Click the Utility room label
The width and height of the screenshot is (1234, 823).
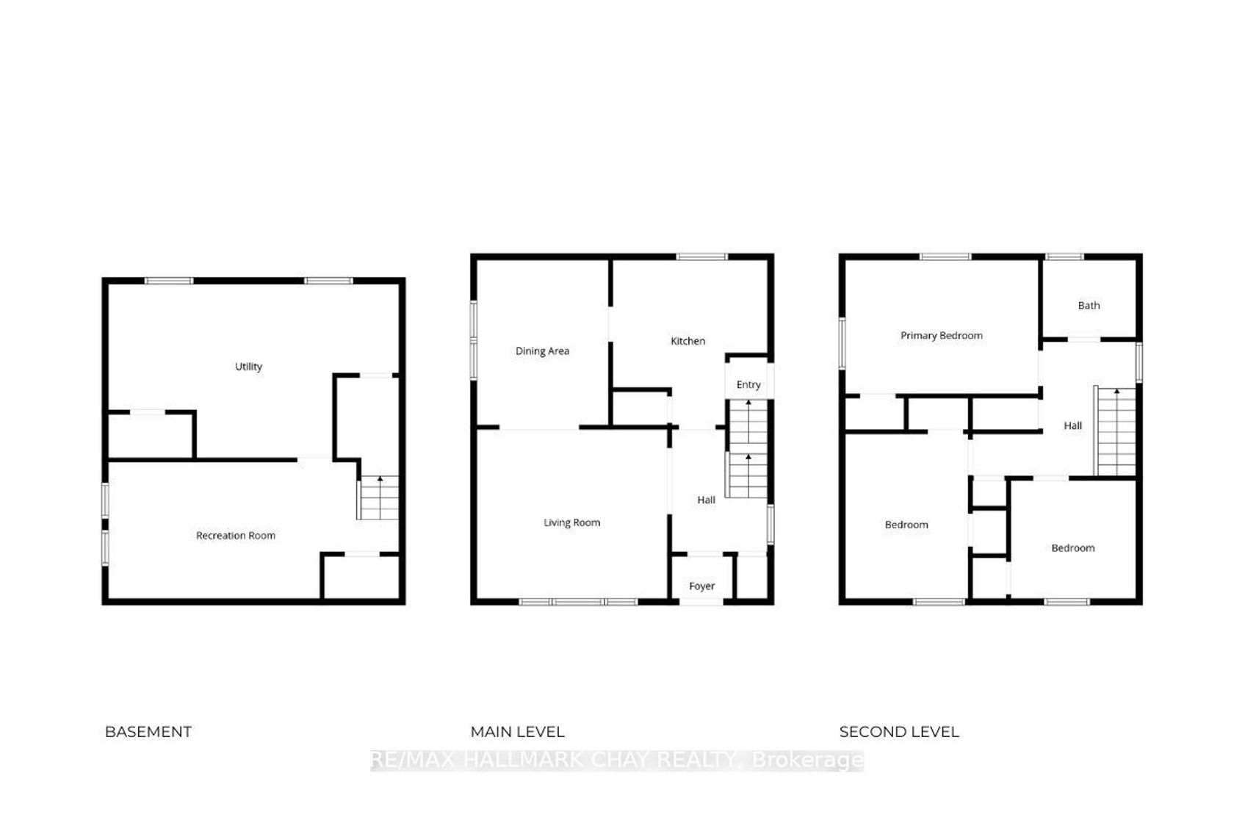pos(248,367)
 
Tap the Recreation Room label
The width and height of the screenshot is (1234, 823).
pos(236,535)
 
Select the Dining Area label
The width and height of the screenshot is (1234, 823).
pos(542,351)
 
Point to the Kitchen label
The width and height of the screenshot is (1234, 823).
pos(688,341)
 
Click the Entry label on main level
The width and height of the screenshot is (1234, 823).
pos(748,385)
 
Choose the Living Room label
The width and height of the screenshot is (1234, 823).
pos(571,522)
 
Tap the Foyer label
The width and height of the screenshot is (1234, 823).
pos(702,586)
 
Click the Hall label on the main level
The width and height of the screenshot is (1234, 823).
pos(707,500)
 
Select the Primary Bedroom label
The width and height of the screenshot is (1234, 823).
pos(942,336)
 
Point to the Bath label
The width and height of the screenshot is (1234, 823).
pos(1089,306)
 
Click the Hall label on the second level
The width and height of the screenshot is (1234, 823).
pos(1072,425)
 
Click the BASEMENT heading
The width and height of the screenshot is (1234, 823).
pos(148,732)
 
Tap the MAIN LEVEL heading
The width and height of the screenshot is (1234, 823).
pos(517,732)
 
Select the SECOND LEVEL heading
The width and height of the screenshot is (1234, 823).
pos(899,732)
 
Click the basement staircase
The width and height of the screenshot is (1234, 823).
pos(378,497)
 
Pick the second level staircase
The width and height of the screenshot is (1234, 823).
pos(1116,431)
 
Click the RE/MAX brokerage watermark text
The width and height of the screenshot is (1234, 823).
pos(617,760)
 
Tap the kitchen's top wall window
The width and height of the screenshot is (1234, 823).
pos(702,256)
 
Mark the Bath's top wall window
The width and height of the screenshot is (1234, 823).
pos(1064,256)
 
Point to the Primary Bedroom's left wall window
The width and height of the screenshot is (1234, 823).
pos(842,343)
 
